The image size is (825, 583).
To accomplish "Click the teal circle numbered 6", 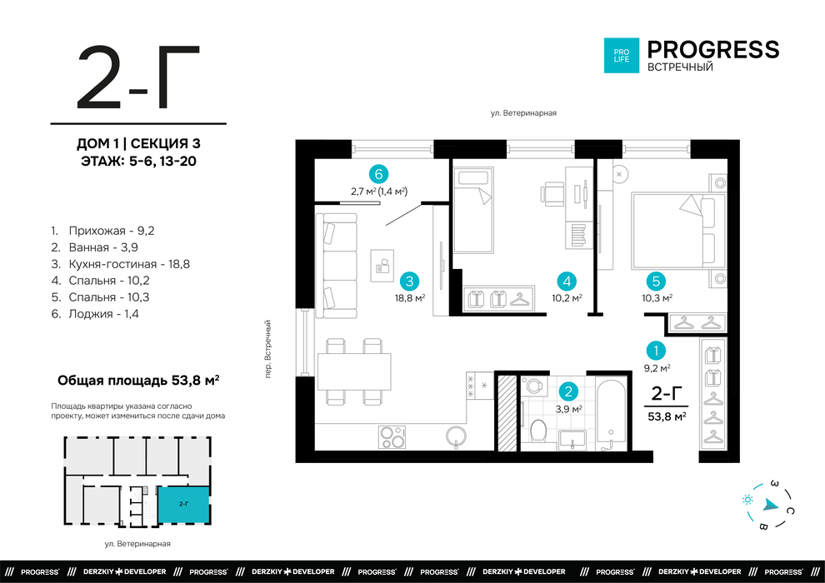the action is coord(378,173).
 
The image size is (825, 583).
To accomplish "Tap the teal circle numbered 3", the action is coord(409,282).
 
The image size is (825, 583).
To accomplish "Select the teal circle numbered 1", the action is coord(656,351).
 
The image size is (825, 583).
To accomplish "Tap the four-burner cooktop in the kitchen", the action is coord(392,437).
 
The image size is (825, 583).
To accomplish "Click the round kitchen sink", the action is coord(456,437).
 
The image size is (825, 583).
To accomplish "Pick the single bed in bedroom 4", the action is coord(473,210).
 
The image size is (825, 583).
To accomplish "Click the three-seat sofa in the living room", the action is coord(336,266).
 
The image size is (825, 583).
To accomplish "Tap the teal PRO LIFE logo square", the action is coord(622,55).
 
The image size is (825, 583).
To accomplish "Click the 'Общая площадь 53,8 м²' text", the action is coord(137,380).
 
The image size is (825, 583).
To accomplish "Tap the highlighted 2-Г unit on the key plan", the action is coord(184,505).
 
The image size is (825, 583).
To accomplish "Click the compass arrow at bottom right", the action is coord(770,506).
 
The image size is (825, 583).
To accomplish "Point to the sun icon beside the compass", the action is coord(747,500).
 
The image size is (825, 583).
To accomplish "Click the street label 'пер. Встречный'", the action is coord(267,348).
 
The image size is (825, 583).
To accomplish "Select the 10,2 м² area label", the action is coord(567,298).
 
